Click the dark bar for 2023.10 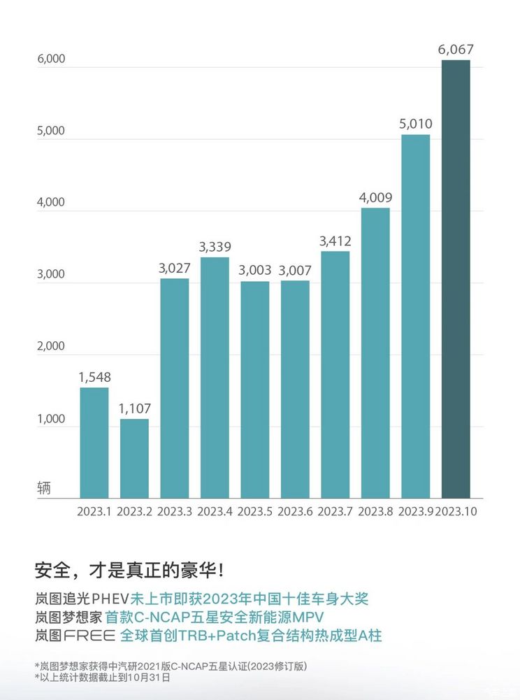[456, 280]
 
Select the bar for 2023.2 [134, 458]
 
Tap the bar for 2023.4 [215, 378]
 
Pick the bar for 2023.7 [335, 374]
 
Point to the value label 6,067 [456, 50]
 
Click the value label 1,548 [94, 377]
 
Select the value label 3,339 [215, 247]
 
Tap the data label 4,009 [375, 197]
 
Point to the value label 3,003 [254, 271]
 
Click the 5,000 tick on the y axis [51, 131]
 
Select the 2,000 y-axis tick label [51, 346]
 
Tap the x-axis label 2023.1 [94, 511]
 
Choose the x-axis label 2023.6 [295, 511]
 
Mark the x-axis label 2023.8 [375, 511]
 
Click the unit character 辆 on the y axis [44, 487]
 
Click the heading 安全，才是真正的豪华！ [130, 570]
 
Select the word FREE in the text [90, 636]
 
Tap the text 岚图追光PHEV [82, 599]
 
